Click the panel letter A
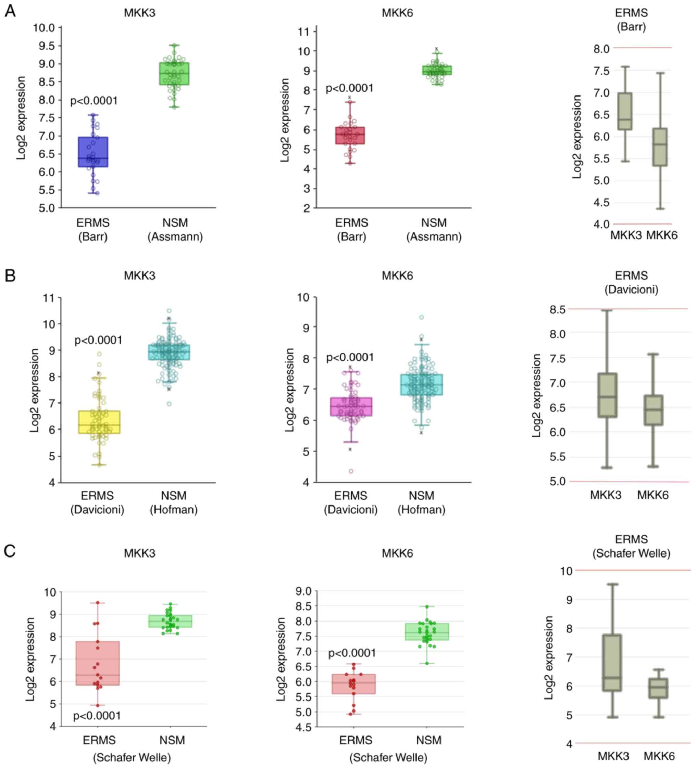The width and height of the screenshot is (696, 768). [10, 11]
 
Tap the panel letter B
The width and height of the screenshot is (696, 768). [10, 275]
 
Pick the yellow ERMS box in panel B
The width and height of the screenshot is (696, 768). [99, 422]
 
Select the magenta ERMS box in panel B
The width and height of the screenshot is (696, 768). [351, 407]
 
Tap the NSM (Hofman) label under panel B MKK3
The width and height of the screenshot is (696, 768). [174, 502]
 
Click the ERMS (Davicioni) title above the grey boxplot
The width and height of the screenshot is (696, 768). [631, 282]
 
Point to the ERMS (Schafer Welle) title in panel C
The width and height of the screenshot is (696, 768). [631, 546]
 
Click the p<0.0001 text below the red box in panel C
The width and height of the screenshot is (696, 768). [97, 716]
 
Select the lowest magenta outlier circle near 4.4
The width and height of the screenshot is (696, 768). [351, 471]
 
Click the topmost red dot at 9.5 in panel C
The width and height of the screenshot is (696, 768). [98, 603]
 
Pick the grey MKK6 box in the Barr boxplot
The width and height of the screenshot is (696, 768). [660, 147]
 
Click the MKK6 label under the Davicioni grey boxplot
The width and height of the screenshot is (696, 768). [653, 495]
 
